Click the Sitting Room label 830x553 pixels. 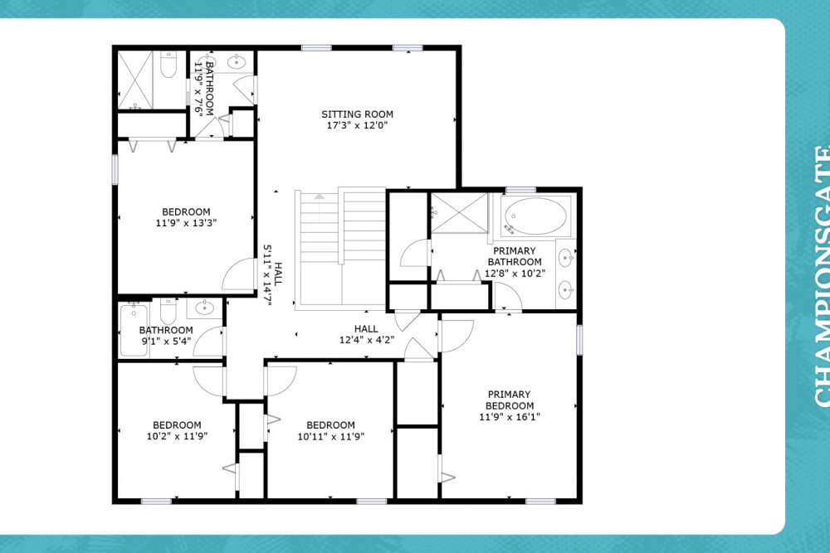coord(357,114)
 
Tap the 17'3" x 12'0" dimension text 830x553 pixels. coord(357,125)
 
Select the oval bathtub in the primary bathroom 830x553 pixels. coord(535,216)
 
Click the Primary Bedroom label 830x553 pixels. coord(510,400)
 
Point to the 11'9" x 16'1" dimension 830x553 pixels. coord(510,417)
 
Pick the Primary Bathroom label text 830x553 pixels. coord(515,256)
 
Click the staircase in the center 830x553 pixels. coord(341,247)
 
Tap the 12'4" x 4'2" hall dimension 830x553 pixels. coord(366,340)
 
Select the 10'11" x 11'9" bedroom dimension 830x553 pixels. coord(331,437)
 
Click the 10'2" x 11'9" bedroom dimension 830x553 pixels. coord(177,436)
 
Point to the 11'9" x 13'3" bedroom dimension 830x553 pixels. coord(186,223)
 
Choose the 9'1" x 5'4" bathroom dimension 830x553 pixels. coord(166,342)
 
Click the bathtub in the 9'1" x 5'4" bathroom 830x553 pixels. coord(134,330)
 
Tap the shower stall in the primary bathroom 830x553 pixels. coord(459,213)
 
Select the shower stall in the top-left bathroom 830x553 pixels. coord(135,80)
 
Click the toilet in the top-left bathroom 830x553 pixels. coord(168,65)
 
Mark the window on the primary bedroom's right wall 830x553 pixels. coord(579,340)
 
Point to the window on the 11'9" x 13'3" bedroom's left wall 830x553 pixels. coord(115,170)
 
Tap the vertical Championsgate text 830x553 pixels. coord(822,276)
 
